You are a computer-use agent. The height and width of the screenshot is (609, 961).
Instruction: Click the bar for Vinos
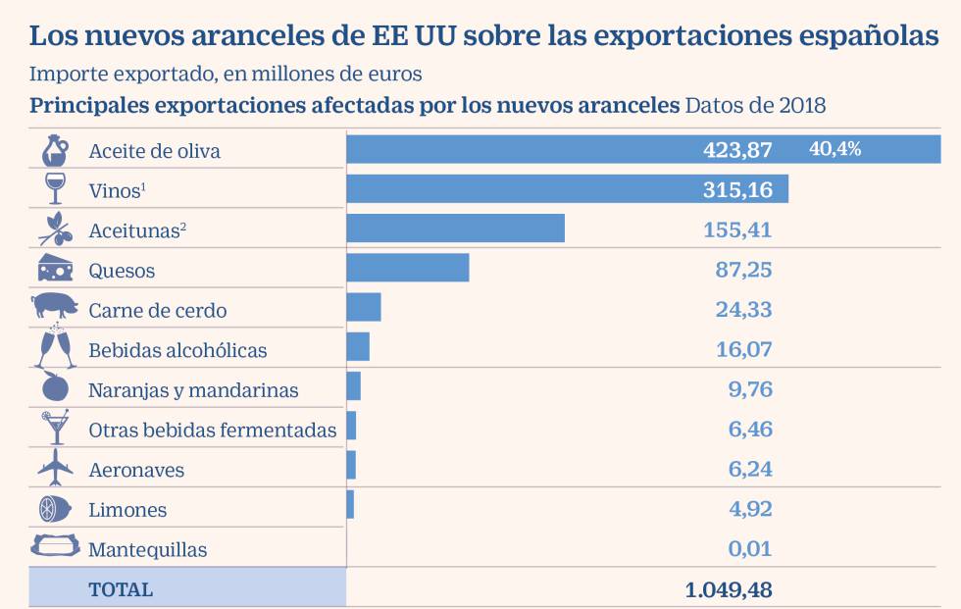point(567,188)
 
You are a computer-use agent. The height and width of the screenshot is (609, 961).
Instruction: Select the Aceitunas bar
point(455,228)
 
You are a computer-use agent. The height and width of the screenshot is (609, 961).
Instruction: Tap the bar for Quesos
point(408,269)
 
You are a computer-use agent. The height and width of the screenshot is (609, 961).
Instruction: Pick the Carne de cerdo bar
point(364,307)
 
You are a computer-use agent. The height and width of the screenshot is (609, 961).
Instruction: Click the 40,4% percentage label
point(835,148)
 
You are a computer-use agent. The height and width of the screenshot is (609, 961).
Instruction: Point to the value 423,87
point(737,149)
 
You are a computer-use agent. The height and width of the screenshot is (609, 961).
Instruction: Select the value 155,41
point(737,229)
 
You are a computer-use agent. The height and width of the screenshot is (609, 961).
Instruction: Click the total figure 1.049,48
point(728,589)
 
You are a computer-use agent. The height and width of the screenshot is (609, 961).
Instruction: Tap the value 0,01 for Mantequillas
point(749,548)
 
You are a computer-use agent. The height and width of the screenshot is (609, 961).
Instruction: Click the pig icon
point(55,305)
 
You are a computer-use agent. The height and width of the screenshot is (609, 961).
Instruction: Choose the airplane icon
point(55,467)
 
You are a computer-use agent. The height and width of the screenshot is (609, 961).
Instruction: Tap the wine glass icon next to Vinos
point(55,188)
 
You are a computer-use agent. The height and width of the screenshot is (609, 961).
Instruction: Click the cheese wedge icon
point(55,268)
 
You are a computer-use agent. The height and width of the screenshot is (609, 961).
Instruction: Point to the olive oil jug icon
point(55,151)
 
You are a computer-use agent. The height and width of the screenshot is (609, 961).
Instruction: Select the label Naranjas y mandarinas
point(193,390)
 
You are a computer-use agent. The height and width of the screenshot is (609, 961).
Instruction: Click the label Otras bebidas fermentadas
point(212,431)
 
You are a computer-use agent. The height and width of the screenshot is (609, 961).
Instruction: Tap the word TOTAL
point(121,589)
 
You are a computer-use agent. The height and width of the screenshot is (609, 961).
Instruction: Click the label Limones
point(127,510)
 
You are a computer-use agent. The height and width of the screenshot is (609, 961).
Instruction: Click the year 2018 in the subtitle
point(802,105)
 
